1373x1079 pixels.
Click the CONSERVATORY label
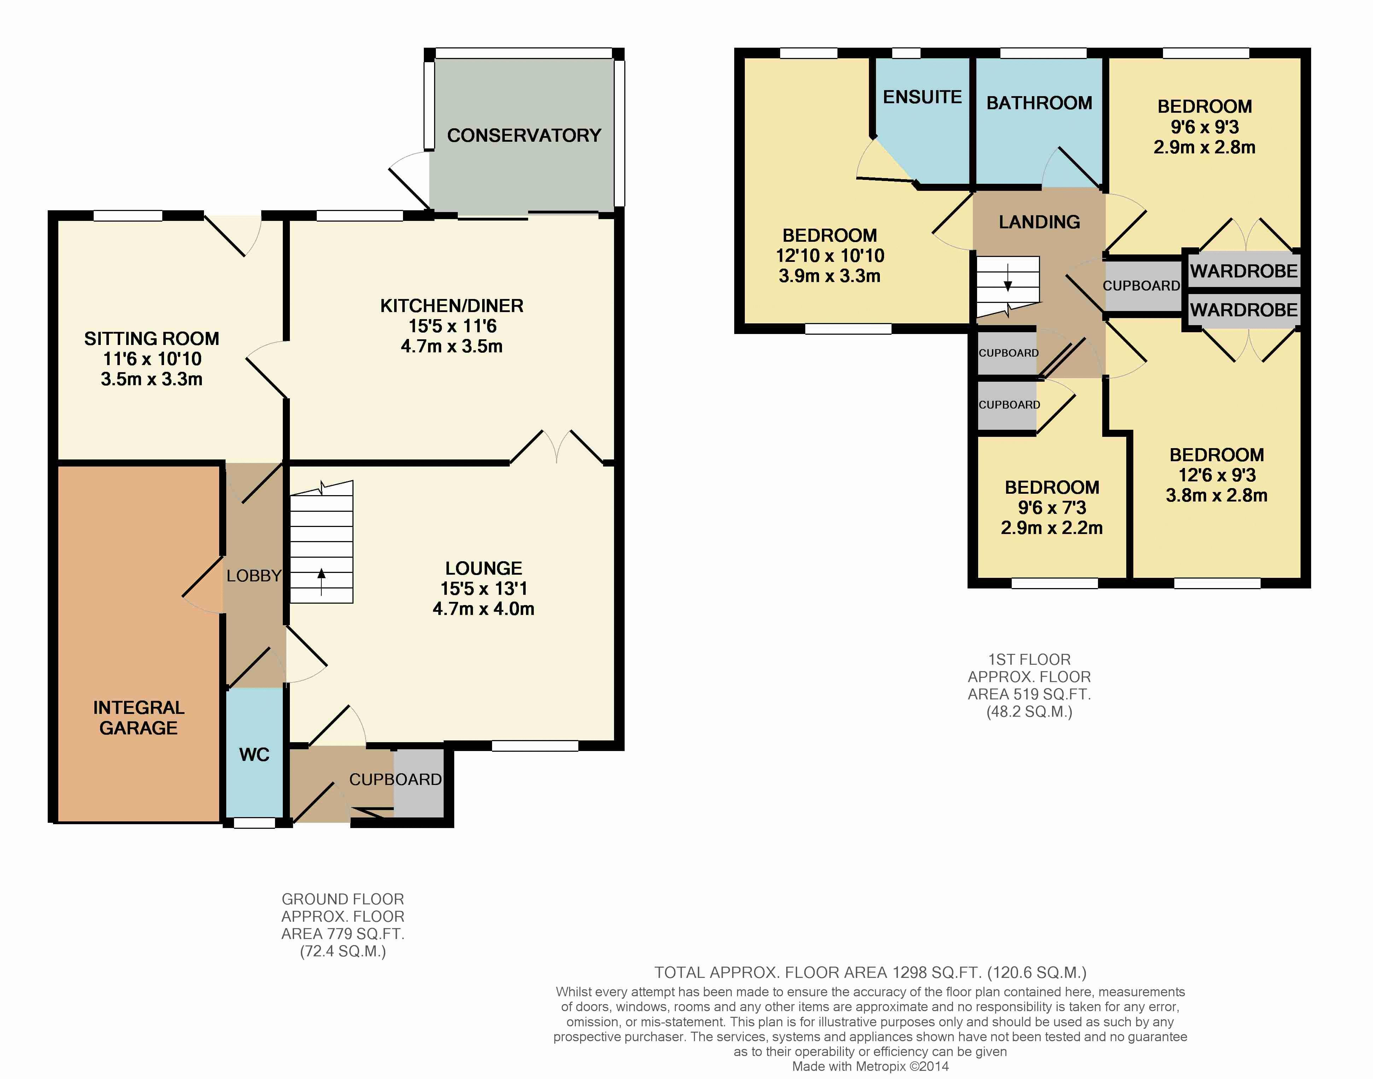(524, 135)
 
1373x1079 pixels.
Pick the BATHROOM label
(1039, 103)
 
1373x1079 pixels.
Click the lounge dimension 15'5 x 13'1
(483, 589)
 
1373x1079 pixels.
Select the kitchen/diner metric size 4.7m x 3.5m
(452, 346)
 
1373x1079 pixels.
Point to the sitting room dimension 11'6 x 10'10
(152, 359)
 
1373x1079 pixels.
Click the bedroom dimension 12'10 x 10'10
(830, 256)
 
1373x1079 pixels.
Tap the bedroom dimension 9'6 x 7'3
(1051, 508)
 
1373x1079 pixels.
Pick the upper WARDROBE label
(1244, 271)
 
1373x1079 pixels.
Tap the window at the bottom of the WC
(255, 822)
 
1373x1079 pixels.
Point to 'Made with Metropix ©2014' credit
(870, 1066)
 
